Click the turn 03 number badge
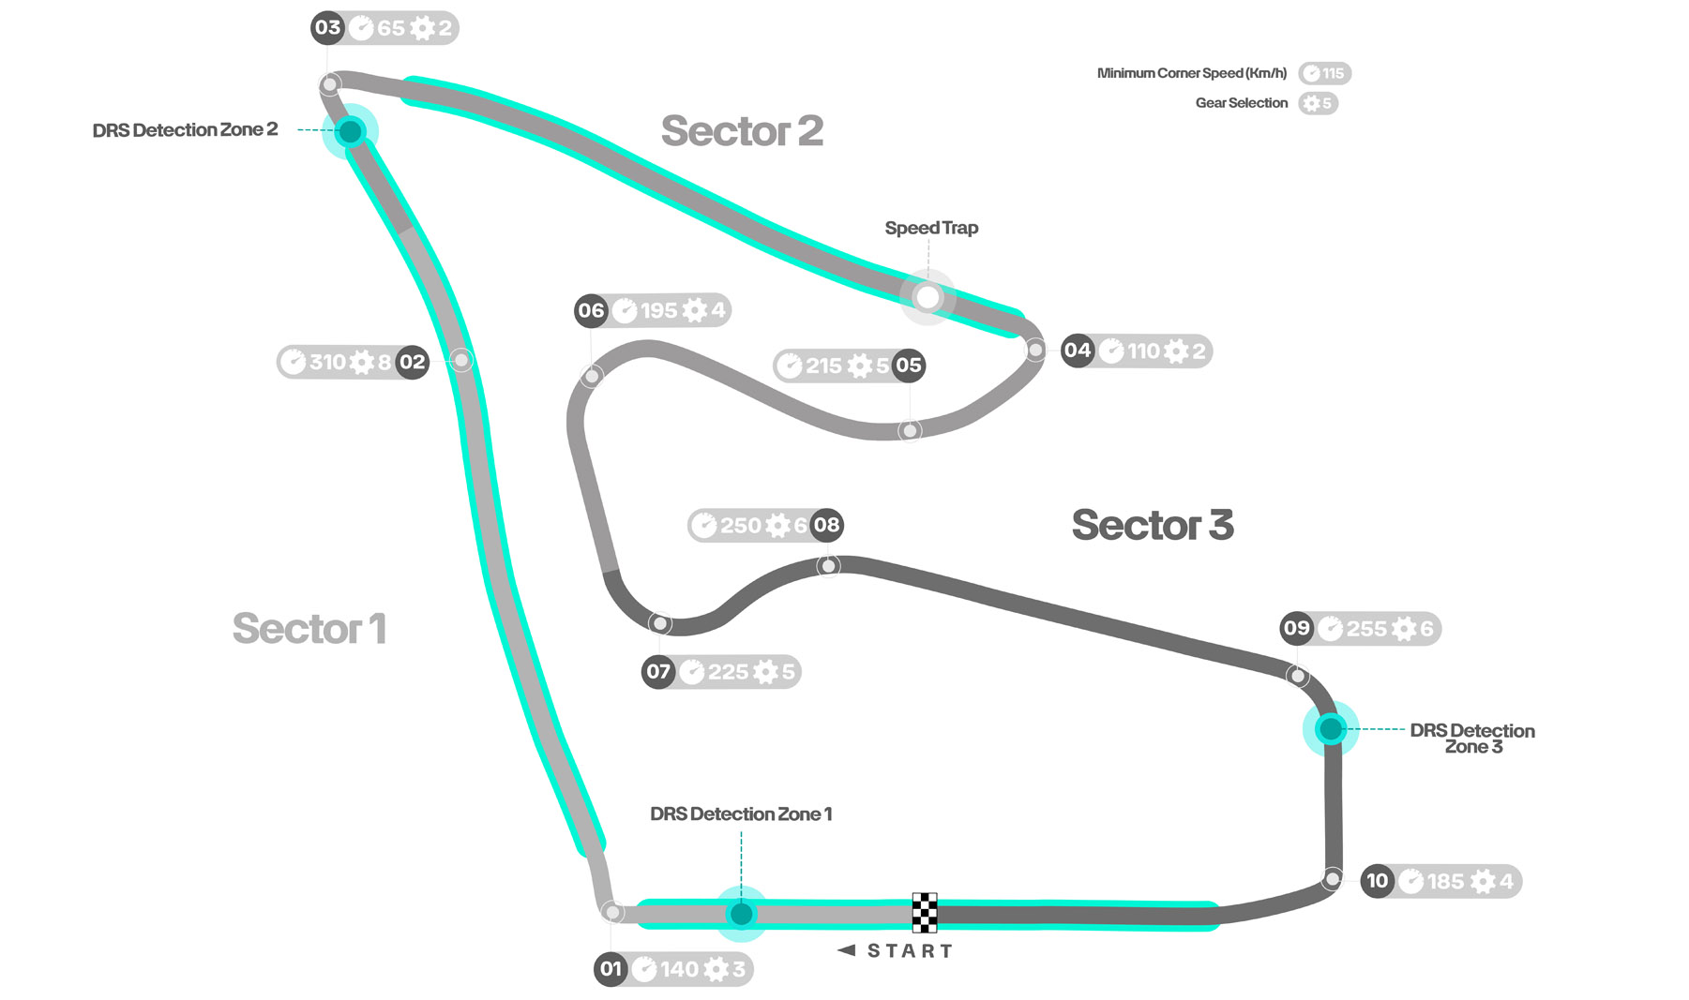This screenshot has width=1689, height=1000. pos(327,27)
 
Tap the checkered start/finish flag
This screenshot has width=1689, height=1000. pos(925,912)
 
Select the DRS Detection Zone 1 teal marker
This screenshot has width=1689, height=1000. pos(741,913)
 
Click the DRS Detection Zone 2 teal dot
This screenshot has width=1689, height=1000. pos(350,131)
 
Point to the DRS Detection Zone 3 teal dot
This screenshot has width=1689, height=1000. pos(1330,728)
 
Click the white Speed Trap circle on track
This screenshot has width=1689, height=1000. pos(927,297)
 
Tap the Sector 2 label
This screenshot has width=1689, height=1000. pos(742,131)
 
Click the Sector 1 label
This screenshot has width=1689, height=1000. pos(309,628)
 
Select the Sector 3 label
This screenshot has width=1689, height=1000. pos(1152,525)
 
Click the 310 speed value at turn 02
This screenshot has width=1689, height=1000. pos(327,362)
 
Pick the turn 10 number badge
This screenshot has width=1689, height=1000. pos(1377,881)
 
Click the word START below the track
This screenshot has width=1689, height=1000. pos(910,951)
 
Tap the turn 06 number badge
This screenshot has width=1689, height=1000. pos(591,310)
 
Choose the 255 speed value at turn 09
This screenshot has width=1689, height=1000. pos(1365,629)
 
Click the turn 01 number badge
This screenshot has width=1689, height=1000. pos(611,969)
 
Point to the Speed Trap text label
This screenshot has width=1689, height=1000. pos(931,228)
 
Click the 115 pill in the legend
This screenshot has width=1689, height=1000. pos(1324,73)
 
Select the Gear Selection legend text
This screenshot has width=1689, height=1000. pos(1241,103)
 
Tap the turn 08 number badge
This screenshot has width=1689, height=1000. pos(826,525)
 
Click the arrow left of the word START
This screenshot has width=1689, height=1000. pos(847,950)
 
